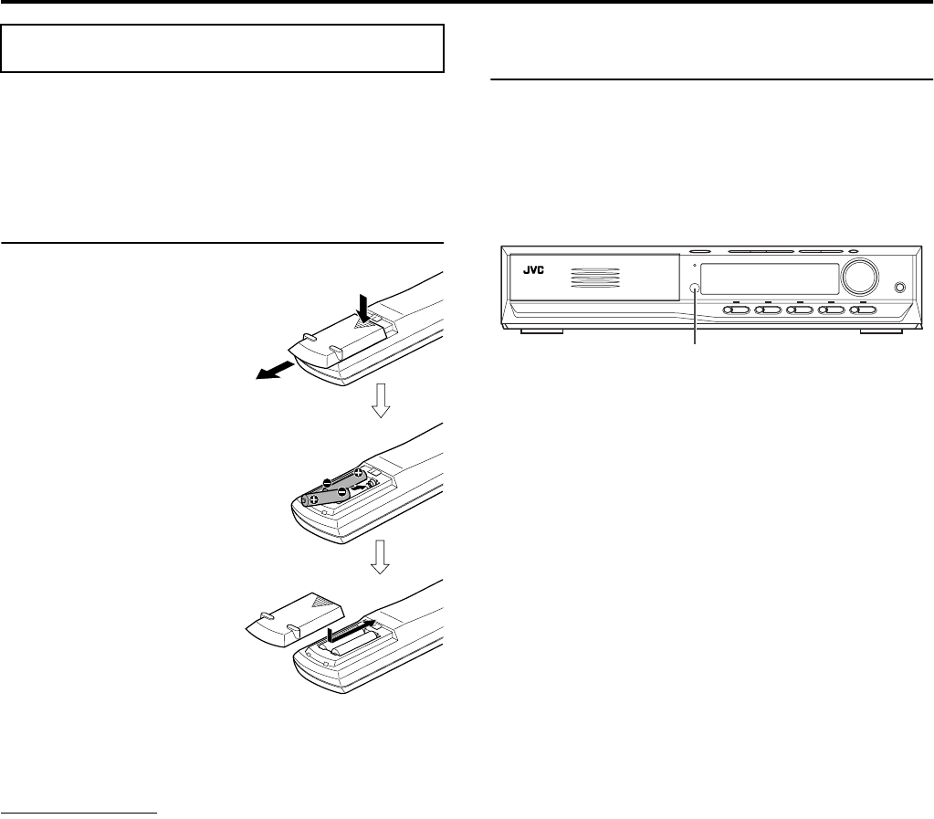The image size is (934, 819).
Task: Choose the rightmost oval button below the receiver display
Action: pos(863,310)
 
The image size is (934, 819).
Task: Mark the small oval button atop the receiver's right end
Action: pos(853,253)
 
